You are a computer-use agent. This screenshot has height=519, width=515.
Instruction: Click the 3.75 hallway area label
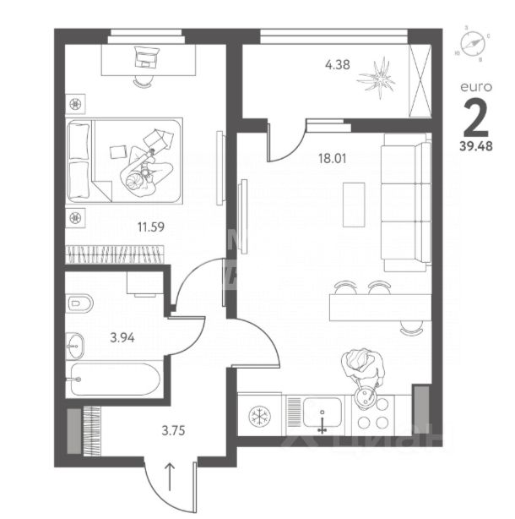click(173, 429)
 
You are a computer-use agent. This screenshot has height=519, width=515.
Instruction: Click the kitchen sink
click(323, 414)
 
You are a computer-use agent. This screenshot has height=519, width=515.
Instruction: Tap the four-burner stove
click(372, 415)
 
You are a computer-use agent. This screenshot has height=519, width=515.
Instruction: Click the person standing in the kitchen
click(362, 369)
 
